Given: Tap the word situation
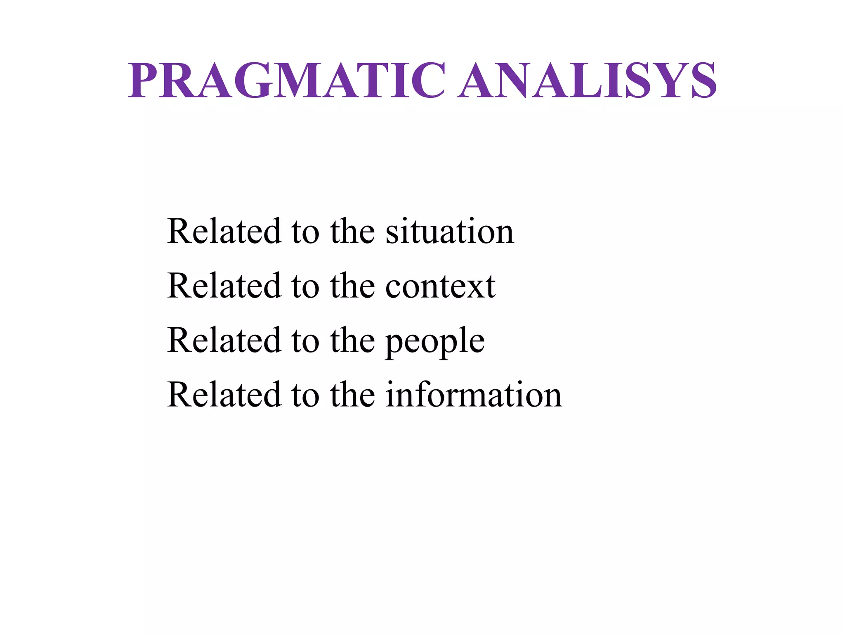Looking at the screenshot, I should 450,231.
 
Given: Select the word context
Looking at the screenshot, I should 440,286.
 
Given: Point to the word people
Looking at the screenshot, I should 435,341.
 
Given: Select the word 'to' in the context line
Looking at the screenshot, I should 305,286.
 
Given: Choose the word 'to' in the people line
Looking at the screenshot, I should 305,341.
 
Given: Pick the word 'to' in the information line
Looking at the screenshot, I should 305,395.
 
